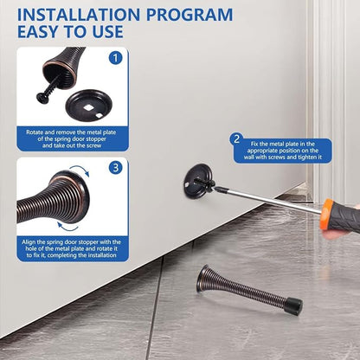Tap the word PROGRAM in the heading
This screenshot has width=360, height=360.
point(190,15)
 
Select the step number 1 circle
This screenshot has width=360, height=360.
point(115,58)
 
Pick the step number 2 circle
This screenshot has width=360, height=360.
point(236,139)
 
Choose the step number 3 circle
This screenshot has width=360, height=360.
point(116,168)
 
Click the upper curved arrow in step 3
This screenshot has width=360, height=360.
point(81,170)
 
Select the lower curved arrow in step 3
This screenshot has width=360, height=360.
point(67,228)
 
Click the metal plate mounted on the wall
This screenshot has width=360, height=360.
point(199,180)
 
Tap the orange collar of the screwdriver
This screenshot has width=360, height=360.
point(326,214)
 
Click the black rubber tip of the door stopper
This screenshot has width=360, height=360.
point(294,306)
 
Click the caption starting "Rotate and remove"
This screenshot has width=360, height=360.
point(71,138)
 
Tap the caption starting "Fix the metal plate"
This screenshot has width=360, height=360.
point(282,151)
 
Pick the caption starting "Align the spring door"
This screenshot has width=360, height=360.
point(71,248)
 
